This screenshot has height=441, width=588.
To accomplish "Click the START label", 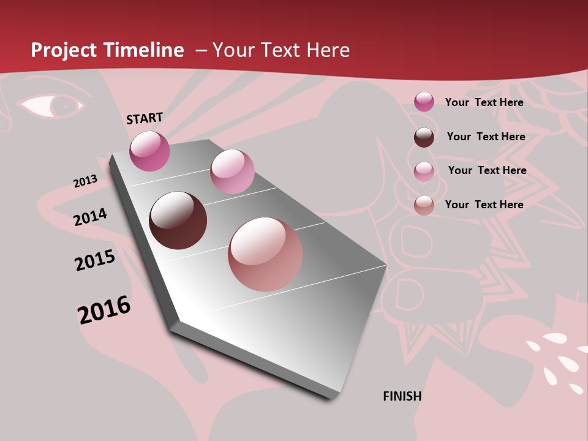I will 145,118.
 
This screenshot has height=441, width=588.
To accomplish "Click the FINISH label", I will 402,396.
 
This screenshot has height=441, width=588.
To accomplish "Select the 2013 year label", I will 85,181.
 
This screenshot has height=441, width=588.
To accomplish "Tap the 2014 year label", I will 90,217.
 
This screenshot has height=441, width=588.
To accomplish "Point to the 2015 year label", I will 95,260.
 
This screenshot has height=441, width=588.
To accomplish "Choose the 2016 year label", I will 104,310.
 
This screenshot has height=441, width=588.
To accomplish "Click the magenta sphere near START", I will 149,151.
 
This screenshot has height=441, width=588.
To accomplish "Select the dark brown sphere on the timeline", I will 178,221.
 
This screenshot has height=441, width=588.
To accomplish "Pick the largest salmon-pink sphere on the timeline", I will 265,254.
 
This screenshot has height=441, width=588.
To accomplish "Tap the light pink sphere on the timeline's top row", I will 232,171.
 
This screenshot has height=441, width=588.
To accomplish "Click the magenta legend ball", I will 424,102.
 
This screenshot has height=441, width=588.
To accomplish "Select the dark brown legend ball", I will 424,137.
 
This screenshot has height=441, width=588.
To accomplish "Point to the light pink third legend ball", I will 424,171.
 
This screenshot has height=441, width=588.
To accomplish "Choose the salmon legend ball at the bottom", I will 424,205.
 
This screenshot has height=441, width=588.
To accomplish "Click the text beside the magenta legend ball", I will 484,102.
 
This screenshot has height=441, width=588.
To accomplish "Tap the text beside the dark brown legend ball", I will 486,137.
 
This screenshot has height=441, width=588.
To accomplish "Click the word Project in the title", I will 64,50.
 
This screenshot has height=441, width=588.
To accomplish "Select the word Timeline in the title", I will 144,50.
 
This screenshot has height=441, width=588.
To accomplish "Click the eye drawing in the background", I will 52,105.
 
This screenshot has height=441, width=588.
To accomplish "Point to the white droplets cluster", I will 557,358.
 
